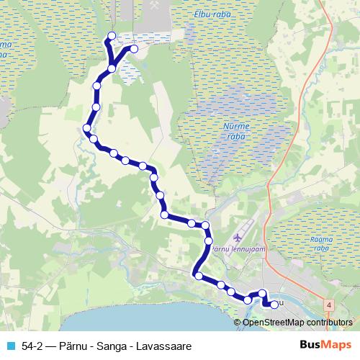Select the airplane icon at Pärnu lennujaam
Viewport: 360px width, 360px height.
point(238,237)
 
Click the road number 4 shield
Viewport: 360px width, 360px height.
point(329,305)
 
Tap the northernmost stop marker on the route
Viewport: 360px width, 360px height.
point(111,36)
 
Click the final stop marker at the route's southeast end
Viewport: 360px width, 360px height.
point(274,304)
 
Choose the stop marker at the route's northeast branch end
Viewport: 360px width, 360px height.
point(134,49)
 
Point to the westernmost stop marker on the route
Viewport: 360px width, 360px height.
point(86,128)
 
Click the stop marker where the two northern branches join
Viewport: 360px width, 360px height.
point(112,68)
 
